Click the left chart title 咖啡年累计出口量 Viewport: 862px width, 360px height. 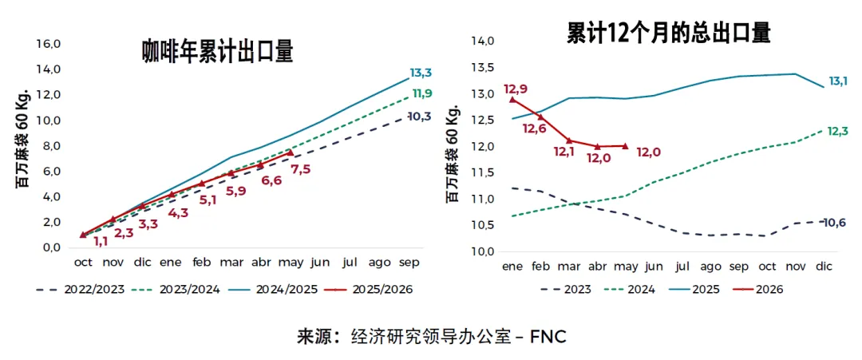[x=218, y=53]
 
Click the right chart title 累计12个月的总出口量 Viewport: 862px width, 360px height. [x=668, y=34]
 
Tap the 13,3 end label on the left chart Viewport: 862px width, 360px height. [x=421, y=73]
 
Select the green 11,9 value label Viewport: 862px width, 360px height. [x=421, y=93]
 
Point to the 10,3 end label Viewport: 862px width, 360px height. [x=420, y=117]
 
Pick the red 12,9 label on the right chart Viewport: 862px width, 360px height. [x=515, y=89]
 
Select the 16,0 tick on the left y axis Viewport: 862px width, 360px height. [x=47, y=44]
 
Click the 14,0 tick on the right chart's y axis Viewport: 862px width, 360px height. [x=484, y=42]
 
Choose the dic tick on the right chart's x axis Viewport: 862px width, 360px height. [x=824, y=267]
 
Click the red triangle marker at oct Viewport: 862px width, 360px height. [x=83, y=235]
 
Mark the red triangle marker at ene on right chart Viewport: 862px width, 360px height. [x=513, y=100]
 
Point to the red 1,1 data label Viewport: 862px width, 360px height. [x=100, y=241]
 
